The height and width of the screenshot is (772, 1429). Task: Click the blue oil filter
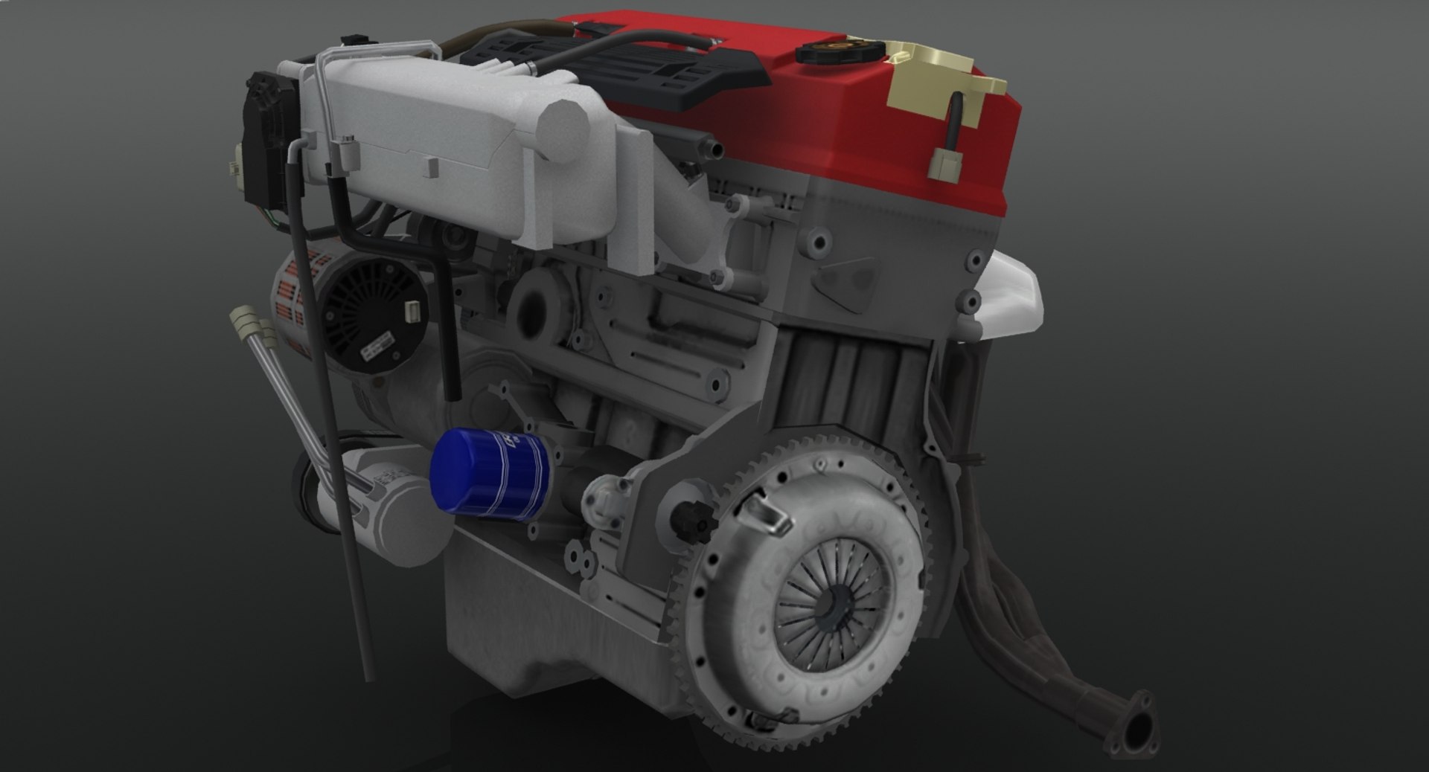tap(487, 473)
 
